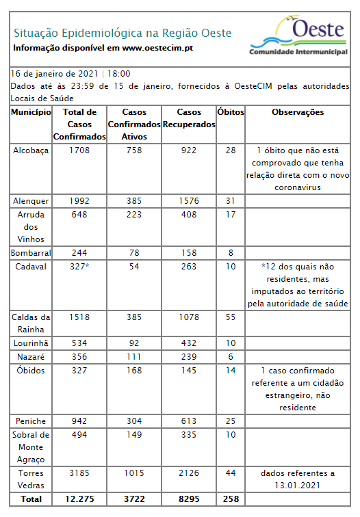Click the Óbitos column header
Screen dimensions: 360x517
click(x=230, y=112)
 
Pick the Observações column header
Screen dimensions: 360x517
click(x=298, y=112)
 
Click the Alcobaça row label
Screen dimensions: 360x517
click(x=31, y=150)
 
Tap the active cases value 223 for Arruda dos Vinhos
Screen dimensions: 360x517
click(x=133, y=215)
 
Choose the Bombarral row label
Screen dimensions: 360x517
click(x=31, y=252)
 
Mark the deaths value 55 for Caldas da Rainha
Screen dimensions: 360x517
click(x=230, y=317)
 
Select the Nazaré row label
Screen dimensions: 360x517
click(x=31, y=356)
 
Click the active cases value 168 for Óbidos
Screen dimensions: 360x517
click(x=133, y=370)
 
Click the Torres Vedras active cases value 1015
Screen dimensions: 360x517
click(x=133, y=473)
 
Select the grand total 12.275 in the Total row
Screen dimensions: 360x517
click(x=79, y=499)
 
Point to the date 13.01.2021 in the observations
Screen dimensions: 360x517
click(x=298, y=485)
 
